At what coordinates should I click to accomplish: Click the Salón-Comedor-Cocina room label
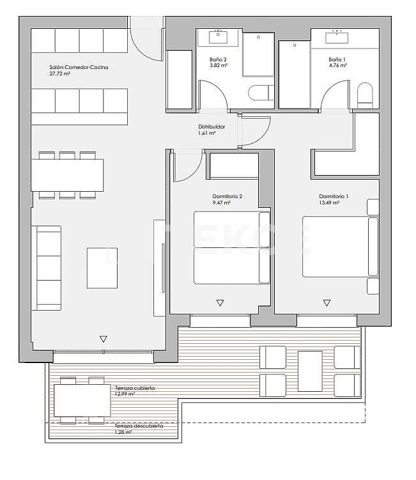pos(78,67)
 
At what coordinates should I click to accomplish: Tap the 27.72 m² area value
pos(59,74)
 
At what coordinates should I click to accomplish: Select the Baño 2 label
pos(218,60)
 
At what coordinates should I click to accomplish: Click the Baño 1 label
pos(337,60)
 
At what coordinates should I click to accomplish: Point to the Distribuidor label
pos(211,127)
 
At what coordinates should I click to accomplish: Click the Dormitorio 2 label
pos(227,196)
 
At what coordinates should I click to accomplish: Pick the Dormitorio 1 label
pos(334,196)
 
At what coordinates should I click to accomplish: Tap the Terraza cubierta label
pos(135,388)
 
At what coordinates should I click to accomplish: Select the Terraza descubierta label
pos(139,426)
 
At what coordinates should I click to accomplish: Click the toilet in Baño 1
pos(365,95)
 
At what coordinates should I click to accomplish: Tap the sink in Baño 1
pos(337,37)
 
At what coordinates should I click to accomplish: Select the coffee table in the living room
pos(102,268)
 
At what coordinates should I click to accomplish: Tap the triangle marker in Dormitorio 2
pos(220,303)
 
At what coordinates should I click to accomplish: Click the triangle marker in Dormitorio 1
pos(327,303)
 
